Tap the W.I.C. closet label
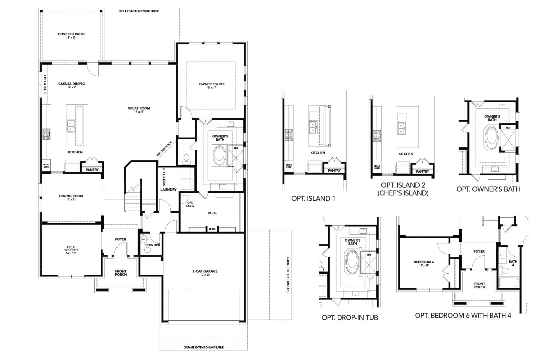pyautogui.click(x=212, y=213)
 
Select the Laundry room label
pyautogui.click(x=168, y=189)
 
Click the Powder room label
pyautogui.click(x=153, y=245)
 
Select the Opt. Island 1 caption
pyautogui.click(x=313, y=198)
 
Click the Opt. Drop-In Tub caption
pyautogui.click(x=350, y=318)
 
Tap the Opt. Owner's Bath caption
pyautogui.click(x=488, y=189)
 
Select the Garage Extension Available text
pyautogui.click(x=204, y=347)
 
